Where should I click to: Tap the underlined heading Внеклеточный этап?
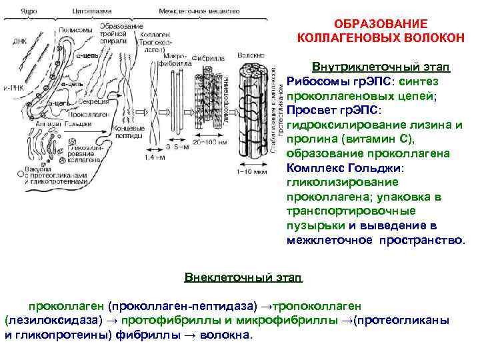coord(243,276)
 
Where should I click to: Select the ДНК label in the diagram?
coord(19,41)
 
